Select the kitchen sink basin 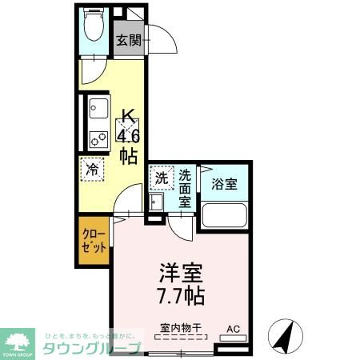(x=98, y=107)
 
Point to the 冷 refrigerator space (x=93, y=169)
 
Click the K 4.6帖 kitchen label (x=128, y=134)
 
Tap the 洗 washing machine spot (x=161, y=178)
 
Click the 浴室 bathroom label (x=223, y=182)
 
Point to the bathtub (x=224, y=216)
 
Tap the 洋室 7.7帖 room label (x=179, y=284)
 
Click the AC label (x=233, y=327)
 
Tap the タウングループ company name (x=93, y=347)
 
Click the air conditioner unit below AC (x=233, y=338)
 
